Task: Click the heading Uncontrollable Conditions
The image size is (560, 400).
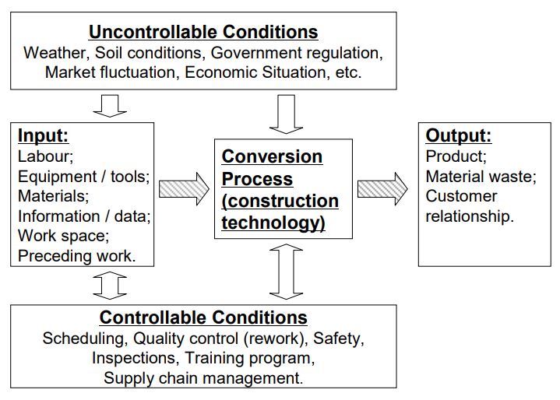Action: (x=203, y=32)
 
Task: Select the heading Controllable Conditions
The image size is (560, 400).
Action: (x=203, y=318)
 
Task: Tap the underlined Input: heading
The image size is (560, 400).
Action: (x=43, y=135)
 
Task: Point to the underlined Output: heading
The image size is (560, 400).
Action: (x=459, y=135)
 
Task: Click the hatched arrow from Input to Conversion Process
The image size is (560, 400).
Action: (x=184, y=189)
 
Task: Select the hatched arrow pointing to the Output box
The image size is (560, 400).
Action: (x=382, y=189)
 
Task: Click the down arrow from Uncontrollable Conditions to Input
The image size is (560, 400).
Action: (x=110, y=106)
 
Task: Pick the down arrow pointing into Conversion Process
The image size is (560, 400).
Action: (x=286, y=114)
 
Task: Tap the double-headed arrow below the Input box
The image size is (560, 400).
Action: (x=110, y=286)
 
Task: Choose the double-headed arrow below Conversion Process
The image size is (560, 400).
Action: (x=286, y=272)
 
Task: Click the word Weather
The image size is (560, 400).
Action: (x=55, y=53)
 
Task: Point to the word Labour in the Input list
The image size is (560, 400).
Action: (x=44, y=156)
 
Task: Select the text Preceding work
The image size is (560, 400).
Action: (x=77, y=256)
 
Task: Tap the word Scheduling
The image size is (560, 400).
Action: (x=83, y=339)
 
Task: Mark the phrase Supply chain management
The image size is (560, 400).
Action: (x=203, y=378)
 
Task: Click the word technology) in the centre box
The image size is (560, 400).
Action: (x=273, y=223)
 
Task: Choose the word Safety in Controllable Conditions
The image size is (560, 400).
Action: (x=336, y=339)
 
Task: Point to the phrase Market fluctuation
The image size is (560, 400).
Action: (x=110, y=72)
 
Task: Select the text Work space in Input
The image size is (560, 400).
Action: (x=62, y=236)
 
